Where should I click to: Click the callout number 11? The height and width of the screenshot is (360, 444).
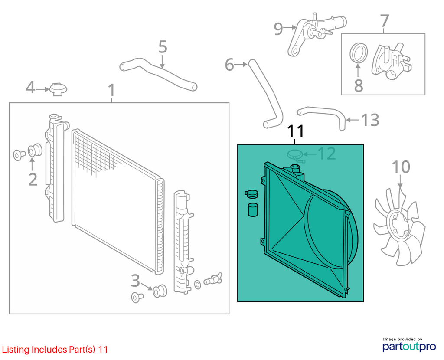click(296, 131)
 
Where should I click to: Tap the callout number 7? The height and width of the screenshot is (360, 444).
click(384, 21)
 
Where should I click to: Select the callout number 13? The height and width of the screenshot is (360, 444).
click(370, 120)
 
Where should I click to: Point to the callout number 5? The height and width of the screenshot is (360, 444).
click(163, 47)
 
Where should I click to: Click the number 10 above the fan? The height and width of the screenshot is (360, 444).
click(401, 167)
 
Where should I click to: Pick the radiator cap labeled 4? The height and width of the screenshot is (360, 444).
click(59, 89)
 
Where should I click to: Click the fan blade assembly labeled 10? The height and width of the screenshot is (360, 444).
click(399, 227)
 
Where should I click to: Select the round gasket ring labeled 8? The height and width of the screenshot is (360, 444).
click(359, 53)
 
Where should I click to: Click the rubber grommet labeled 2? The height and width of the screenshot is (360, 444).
click(35, 150)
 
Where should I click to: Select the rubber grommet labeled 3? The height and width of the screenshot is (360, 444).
click(160, 291)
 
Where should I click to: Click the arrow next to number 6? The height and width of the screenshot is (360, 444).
click(241, 65)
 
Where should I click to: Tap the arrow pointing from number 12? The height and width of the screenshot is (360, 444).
click(310, 154)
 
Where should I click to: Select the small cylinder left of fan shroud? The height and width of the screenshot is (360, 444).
click(253, 209)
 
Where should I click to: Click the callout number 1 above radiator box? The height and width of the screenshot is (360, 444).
click(112, 90)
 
